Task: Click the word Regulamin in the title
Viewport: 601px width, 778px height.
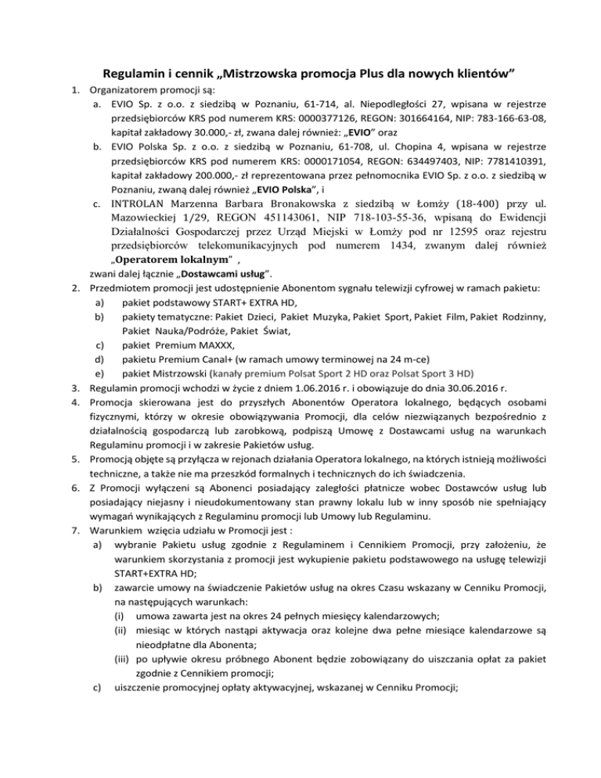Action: point(131,74)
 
